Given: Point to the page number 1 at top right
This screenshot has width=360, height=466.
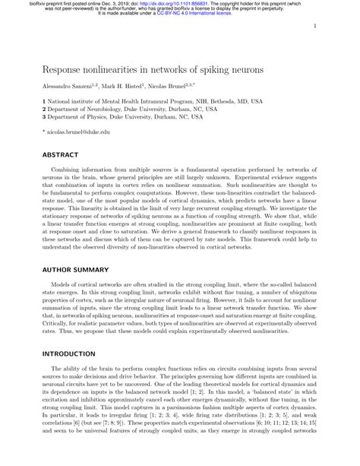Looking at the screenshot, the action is pyautogui.click(x=314, y=26).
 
